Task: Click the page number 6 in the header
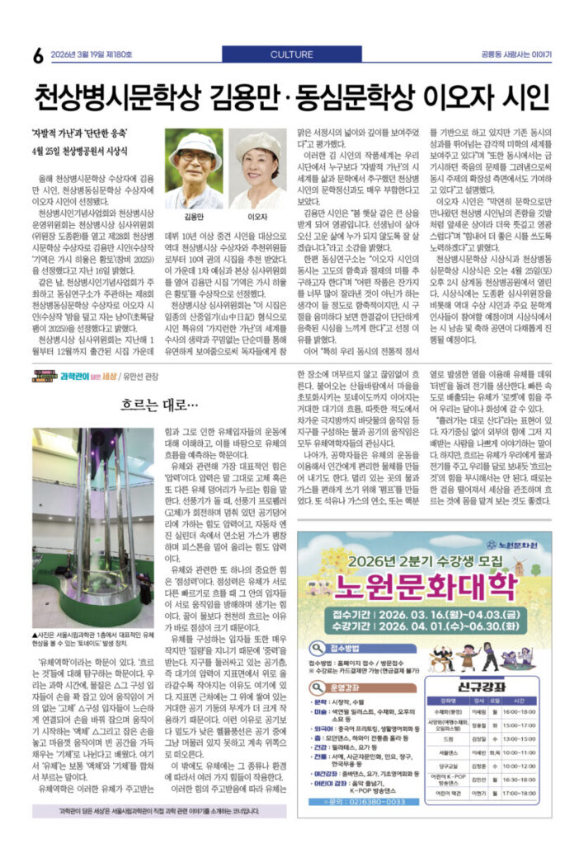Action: pyautogui.click(x=38, y=55)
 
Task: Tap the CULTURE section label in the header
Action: pyautogui.click(x=291, y=54)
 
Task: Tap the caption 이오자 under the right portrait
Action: pyautogui.click(x=258, y=217)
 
